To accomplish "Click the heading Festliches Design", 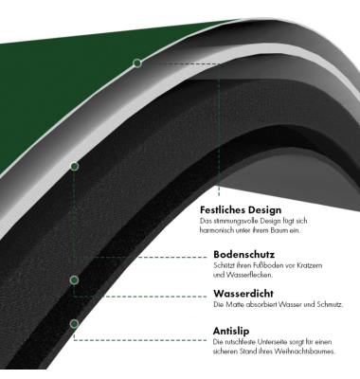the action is pyautogui.click(x=241, y=210).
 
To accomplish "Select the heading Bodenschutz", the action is pyautogui.click(x=244, y=254).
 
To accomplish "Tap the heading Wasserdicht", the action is pyautogui.click(x=243, y=294).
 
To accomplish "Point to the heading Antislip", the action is pyautogui.click(x=231, y=331).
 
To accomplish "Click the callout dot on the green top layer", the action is pyautogui.click(x=137, y=63).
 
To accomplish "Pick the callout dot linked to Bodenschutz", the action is pyautogui.click(x=74, y=166).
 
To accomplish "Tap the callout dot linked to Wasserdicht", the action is pyautogui.click(x=74, y=280).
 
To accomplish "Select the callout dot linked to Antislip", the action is pyautogui.click(x=74, y=324).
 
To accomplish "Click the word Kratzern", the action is pyautogui.click(x=310, y=265).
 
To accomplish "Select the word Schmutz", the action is pyautogui.click(x=330, y=305).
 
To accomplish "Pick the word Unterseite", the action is pyautogui.click(x=272, y=342).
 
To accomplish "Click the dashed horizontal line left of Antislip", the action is pyautogui.click(x=140, y=340).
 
